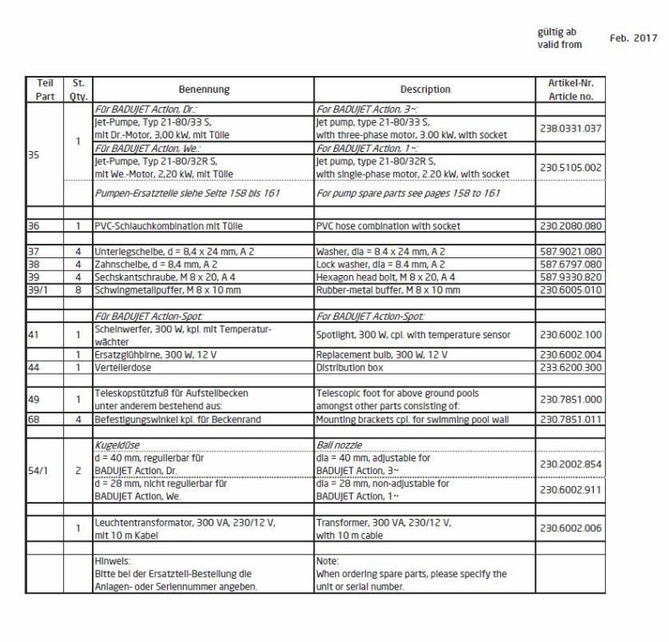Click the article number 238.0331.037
(570, 127)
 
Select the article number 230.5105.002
(570, 167)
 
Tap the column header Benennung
(203, 89)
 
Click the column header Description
(425, 89)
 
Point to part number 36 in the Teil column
(35, 226)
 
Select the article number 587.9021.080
(570, 251)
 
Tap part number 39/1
(38, 289)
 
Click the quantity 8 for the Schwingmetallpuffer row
(77, 289)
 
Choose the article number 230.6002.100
(570, 334)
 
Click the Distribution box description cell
(346, 367)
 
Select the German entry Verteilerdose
(121, 367)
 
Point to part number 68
(35, 417)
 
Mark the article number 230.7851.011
(570, 417)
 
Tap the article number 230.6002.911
(570, 488)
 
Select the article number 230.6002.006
(570, 527)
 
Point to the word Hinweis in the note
(111, 560)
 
